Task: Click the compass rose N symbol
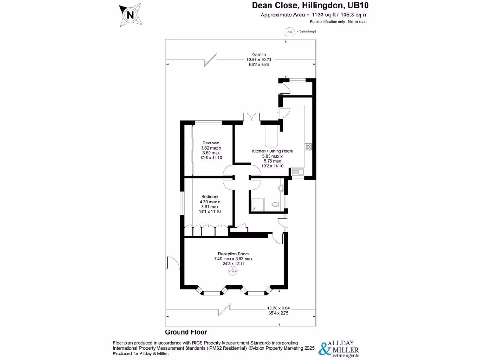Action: point(130,15)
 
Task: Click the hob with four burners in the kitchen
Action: point(308,147)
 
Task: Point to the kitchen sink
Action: point(297,172)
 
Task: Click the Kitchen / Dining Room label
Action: point(272,151)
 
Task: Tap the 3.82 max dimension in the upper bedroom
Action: point(211,148)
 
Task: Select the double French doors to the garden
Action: point(252,118)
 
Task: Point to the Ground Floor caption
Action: point(186,332)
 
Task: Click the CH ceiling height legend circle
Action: point(289,32)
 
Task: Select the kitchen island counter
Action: point(271,136)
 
